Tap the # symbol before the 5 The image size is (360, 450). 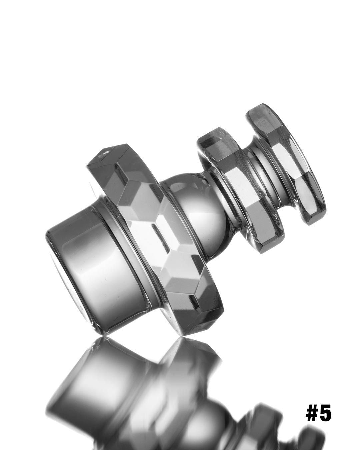click(313, 414)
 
